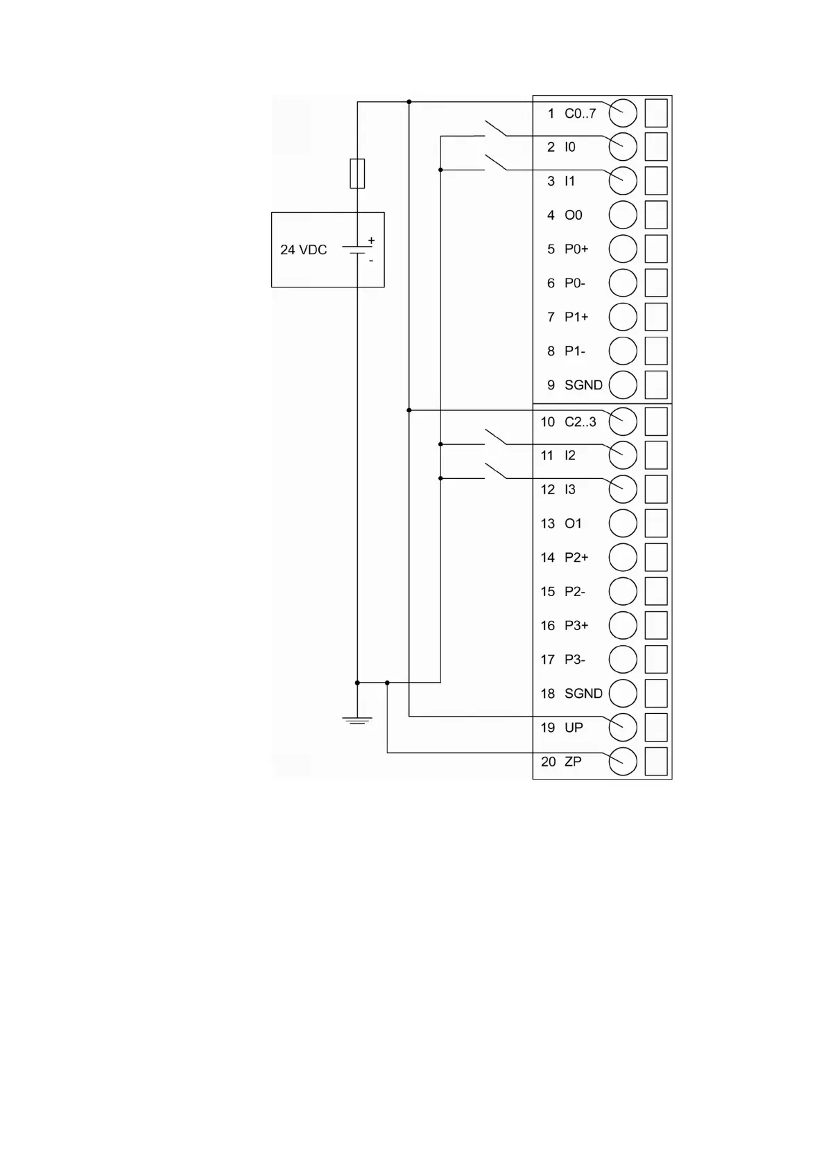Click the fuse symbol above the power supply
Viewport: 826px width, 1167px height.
click(x=357, y=173)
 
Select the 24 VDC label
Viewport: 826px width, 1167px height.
click(x=303, y=249)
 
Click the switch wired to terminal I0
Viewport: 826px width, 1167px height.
click(x=495, y=129)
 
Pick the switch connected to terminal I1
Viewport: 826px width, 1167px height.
click(x=495, y=163)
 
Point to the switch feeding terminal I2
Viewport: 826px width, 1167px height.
click(x=495, y=437)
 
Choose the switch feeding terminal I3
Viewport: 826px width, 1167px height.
click(x=495, y=471)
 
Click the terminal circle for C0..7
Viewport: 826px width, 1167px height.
click(x=623, y=113)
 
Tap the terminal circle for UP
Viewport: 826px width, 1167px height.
click(x=623, y=727)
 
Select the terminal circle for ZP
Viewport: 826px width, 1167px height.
click(x=623, y=761)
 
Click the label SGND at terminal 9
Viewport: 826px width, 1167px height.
click(x=583, y=385)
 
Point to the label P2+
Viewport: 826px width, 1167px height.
click(x=576, y=557)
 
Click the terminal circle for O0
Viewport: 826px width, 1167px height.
click(x=623, y=215)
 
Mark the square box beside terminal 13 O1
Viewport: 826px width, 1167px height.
click(x=656, y=523)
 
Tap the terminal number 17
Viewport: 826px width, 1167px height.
click(x=548, y=660)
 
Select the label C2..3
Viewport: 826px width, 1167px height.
click(x=580, y=421)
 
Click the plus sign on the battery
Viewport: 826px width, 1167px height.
click(x=371, y=240)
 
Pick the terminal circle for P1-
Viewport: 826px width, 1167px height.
click(x=623, y=351)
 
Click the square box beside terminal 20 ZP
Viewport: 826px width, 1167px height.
click(x=656, y=761)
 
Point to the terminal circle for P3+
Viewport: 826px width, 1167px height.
click(x=623, y=625)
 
